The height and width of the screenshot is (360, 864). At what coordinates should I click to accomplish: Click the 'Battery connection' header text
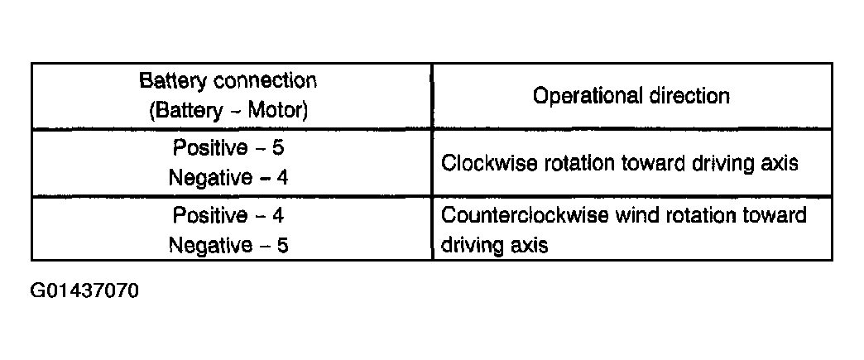click(228, 81)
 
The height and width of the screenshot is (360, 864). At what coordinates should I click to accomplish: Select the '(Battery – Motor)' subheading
click(228, 111)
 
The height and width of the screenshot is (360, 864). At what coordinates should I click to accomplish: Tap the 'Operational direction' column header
click(631, 96)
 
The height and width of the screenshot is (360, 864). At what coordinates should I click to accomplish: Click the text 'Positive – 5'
click(228, 148)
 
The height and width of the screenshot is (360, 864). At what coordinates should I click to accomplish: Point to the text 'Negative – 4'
click(228, 178)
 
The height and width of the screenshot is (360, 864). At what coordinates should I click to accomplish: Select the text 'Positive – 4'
click(228, 215)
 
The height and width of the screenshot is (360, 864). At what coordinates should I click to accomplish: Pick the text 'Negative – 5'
click(228, 245)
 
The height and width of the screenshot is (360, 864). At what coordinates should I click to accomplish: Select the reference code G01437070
click(85, 290)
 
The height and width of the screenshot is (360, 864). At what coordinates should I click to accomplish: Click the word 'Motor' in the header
click(277, 111)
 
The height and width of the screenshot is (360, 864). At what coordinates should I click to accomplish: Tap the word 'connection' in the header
click(265, 82)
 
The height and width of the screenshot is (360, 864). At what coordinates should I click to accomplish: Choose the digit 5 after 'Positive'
click(278, 148)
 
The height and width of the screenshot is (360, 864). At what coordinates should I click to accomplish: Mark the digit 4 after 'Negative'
click(281, 178)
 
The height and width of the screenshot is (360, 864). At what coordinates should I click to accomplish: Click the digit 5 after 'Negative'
click(281, 245)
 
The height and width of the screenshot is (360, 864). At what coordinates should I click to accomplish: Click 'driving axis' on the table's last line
click(495, 244)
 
